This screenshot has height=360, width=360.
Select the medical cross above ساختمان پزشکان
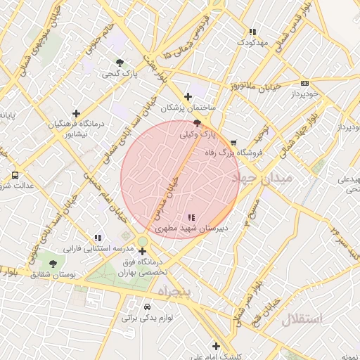(x=187, y=96)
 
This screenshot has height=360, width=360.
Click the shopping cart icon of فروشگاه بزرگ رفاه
(x=233, y=141)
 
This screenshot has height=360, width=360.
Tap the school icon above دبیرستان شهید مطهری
(x=192, y=217)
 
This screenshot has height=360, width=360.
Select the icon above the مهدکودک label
(x=252, y=32)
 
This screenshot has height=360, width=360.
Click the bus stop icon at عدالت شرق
(x=15, y=175)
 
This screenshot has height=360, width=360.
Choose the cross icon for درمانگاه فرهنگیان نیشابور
(x=76, y=113)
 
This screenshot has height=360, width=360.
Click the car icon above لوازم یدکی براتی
(x=146, y=307)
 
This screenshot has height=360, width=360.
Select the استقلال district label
(x=302, y=320)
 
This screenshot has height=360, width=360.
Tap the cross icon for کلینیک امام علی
(x=216, y=346)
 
